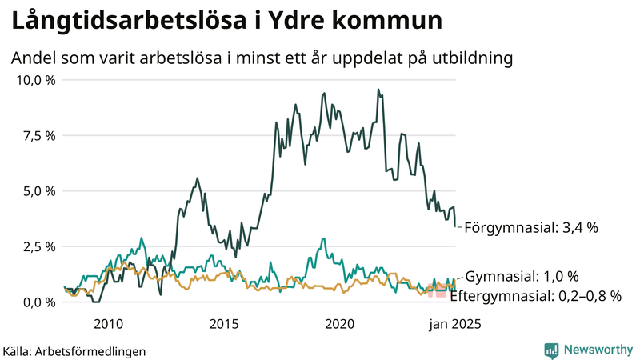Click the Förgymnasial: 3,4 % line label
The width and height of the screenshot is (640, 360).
pyautogui.click(x=531, y=228)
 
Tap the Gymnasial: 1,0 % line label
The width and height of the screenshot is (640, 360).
pyautogui.click(x=522, y=277)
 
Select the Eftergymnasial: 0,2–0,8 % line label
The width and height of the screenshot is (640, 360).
pyautogui.click(x=535, y=296)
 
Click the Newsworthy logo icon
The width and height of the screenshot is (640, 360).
pyautogui.click(x=552, y=350)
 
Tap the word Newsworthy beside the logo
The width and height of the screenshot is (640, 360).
pyautogui.click(x=597, y=350)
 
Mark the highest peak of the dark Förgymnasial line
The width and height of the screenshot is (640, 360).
pyautogui.click(x=378, y=90)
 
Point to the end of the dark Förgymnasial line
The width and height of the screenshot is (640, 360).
pyautogui.click(x=455, y=226)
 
